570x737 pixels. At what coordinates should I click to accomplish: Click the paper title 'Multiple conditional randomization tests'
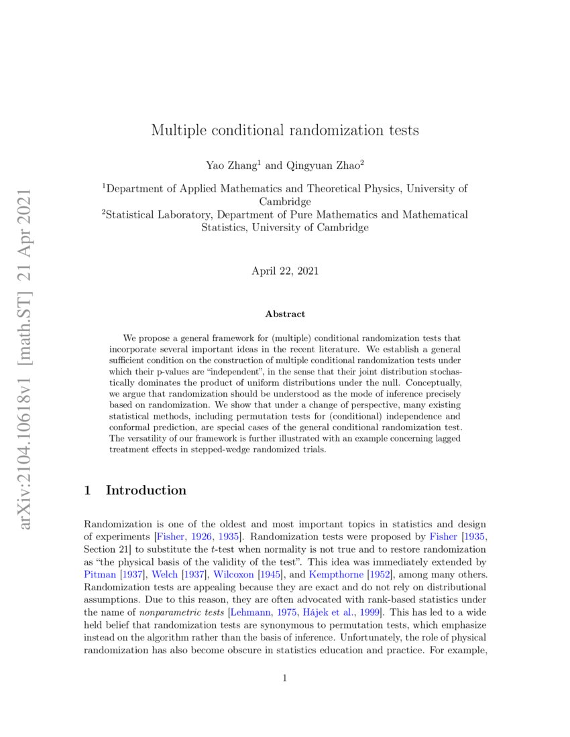coord(285,130)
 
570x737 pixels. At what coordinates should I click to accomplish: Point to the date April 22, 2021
coord(285,271)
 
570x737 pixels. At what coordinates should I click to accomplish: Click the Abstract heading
coord(285,314)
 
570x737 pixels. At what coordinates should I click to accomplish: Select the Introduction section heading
coord(146,490)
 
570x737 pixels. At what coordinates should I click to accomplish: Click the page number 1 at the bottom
coord(285,678)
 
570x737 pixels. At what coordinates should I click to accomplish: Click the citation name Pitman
coord(99,574)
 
